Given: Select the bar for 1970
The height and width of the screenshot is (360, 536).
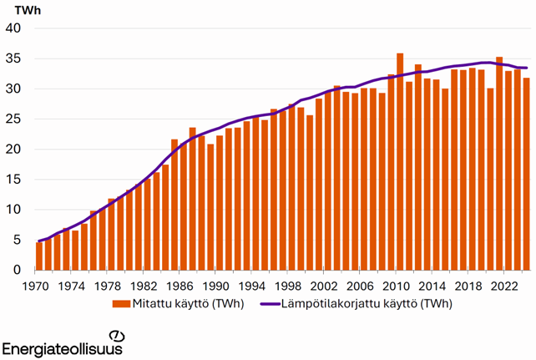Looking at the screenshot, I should point(39,256).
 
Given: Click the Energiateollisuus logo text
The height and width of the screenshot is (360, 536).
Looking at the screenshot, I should point(63,347).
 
